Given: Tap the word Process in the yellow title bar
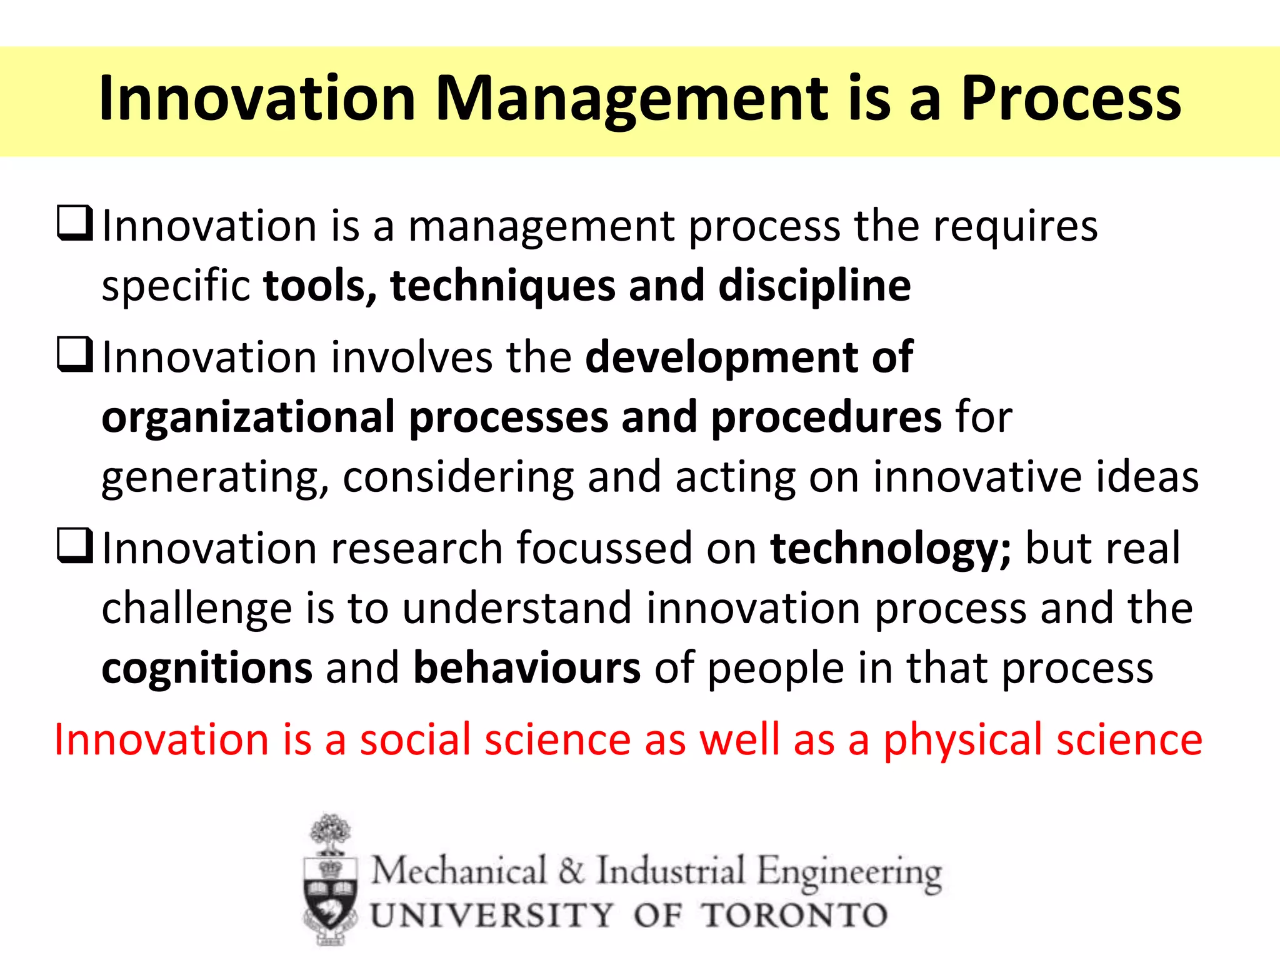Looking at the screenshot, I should point(1070,99).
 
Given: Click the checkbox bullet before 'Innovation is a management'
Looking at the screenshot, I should point(75,224).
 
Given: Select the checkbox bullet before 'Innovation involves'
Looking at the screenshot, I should point(75,354).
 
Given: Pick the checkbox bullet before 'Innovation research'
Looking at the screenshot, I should point(75,546).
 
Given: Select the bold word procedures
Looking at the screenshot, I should point(826,417).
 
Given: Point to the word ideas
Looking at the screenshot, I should point(1147,477).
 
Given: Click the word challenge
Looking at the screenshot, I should point(196,609).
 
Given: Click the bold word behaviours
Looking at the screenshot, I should point(527,667).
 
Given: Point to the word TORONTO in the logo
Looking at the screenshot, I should point(794,916).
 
